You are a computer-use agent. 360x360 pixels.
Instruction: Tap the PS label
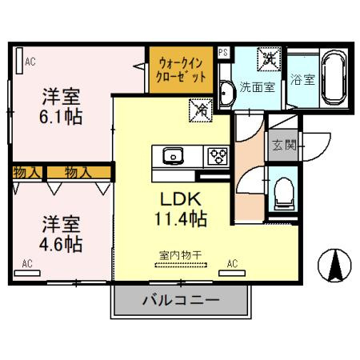pyautogui.click(x=222, y=52)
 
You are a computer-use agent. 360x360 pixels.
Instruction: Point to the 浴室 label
pyautogui.click(x=302, y=80)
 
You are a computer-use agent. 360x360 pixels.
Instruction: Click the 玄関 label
pyautogui.click(x=282, y=146)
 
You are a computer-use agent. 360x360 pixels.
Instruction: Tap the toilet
pyautogui.click(x=282, y=193)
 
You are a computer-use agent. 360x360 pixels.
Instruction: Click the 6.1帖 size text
pyautogui.click(x=62, y=114)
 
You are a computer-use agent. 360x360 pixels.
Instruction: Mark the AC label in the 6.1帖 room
pyautogui.click(x=30, y=61)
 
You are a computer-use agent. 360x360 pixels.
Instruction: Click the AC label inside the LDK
pyautogui.click(x=233, y=262)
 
